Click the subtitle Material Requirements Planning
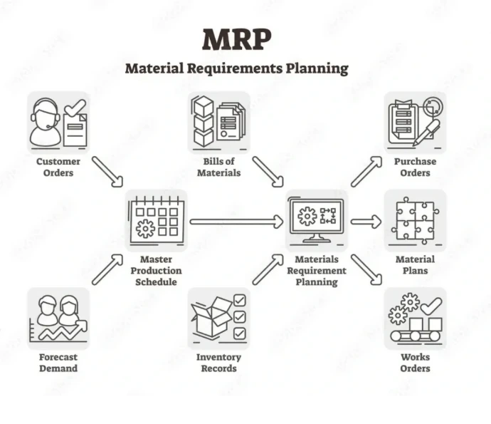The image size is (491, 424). pos(237,68)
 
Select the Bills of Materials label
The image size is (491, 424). pos(218,167)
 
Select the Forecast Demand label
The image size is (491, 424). pos(58,362)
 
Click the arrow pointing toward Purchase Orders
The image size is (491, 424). pos(367,171)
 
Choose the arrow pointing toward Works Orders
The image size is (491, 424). pos(367,270)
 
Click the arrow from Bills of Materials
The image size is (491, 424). pos(268,172)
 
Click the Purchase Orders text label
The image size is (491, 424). pos(415,167)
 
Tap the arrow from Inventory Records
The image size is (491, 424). pos(268,269)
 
